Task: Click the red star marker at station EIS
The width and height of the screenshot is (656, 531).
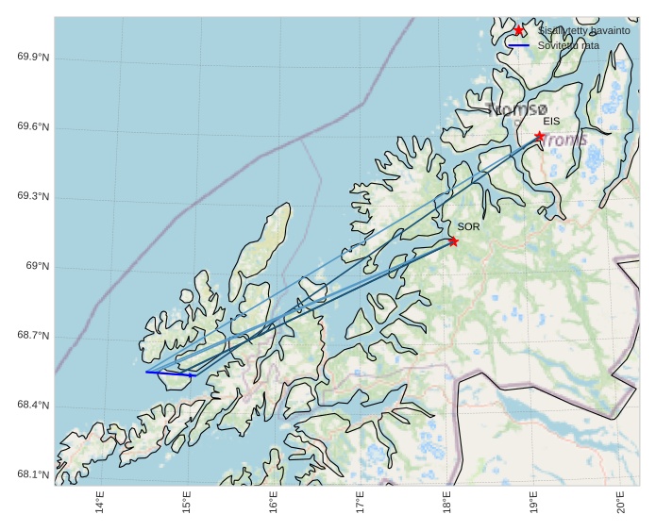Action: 539,136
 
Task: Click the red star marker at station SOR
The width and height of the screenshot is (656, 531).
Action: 453,241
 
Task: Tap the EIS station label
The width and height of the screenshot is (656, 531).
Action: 551,122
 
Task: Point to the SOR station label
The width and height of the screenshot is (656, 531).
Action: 468,227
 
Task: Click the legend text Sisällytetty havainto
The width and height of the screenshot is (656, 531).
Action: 583,30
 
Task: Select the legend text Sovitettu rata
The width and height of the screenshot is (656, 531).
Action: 568,45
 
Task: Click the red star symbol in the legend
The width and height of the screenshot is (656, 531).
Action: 518,30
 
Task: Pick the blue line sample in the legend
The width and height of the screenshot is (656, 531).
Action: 518,45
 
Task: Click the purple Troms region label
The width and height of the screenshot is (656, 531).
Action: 564,141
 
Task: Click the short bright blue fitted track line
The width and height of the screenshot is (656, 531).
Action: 171,373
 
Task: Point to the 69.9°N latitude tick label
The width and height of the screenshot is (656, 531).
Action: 33,58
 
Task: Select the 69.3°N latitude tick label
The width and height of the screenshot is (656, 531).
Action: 33,197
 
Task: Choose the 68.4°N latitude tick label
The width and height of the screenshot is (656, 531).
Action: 33,406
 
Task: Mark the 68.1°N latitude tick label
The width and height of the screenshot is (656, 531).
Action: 33,475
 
